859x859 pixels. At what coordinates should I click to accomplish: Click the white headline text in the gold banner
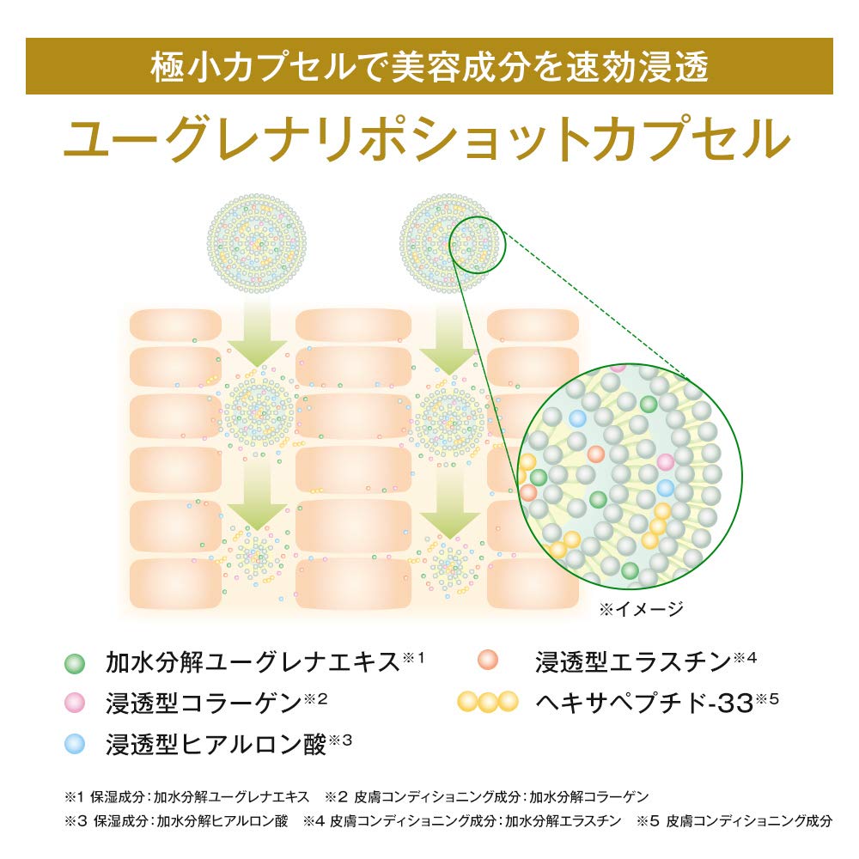(x=429, y=67)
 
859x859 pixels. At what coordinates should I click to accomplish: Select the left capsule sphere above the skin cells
(x=256, y=243)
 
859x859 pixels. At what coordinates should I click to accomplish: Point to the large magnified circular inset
(x=630, y=476)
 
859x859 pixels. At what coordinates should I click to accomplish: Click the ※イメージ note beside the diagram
(x=641, y=609)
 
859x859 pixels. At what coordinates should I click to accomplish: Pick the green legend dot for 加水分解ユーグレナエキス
(x=75, y=663)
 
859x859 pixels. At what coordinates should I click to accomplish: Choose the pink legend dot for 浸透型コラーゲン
(x=75, y=703)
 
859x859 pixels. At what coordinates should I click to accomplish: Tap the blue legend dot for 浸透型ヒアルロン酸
(x=75, y=744)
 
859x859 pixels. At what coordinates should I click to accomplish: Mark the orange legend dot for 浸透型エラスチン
(x=487, y=660)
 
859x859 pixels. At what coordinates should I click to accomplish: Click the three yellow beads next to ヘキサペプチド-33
(x=488, y=702)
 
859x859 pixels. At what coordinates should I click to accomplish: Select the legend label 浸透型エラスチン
(x=633, y=661)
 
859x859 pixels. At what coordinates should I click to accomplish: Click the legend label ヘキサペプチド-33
(x=644, y=704)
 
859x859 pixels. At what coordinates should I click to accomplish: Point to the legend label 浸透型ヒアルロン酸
(x=216, y=745)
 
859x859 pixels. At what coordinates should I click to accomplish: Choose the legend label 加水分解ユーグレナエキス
(x=253, y=662)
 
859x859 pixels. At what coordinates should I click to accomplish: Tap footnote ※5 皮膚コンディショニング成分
(x=734, y=820)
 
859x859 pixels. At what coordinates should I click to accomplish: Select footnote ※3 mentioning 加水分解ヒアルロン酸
(x=176, y=820)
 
